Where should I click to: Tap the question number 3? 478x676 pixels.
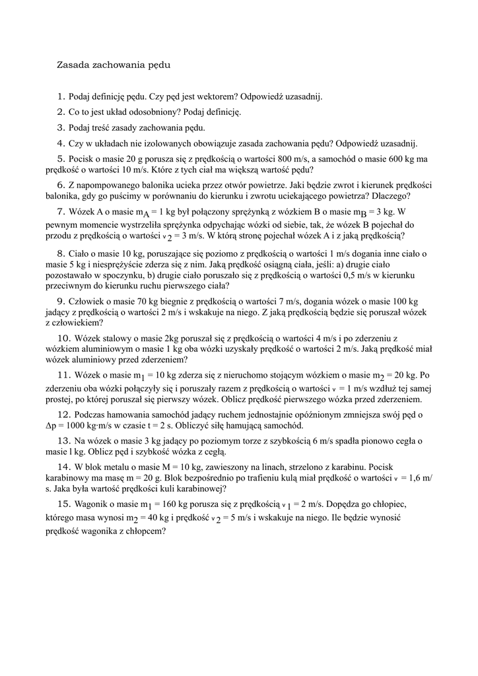click(61, 127)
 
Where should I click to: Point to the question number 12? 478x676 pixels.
click(64, 415)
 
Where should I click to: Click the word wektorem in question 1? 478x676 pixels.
click(210, 96)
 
